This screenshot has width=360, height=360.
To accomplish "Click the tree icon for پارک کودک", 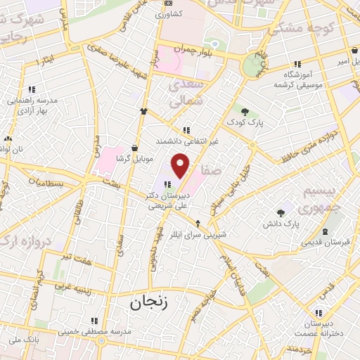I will coord(245,111).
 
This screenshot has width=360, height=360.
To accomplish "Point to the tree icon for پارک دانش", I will coord(281,212).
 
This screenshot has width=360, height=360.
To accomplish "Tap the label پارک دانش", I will coord(302,224).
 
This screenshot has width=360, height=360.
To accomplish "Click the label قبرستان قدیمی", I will coord(324,243).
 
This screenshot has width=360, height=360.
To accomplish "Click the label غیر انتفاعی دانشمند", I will coord(186,142).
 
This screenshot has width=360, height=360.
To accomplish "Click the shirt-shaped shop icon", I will coord(144,110).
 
